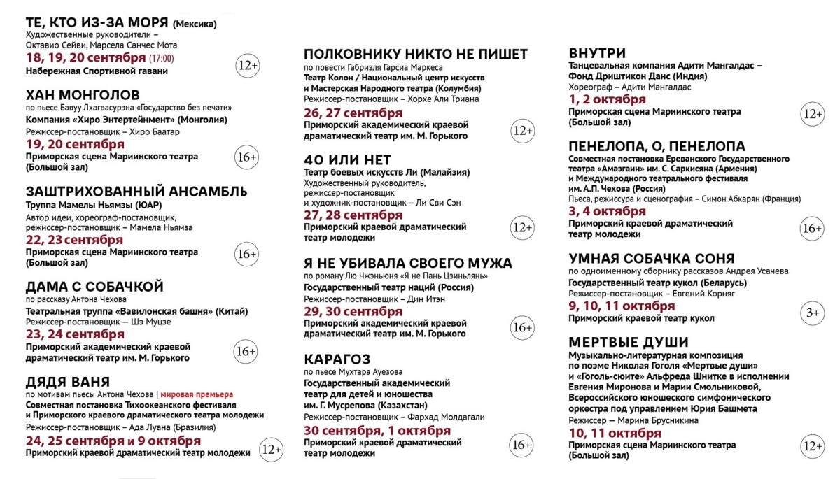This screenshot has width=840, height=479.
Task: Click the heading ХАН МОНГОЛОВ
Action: pos(83,95)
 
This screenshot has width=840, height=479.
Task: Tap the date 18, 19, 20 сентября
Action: pos(86,58)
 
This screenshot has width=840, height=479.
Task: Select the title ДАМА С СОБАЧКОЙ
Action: pos(94,287)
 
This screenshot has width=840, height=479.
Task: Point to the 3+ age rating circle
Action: pos(812,313)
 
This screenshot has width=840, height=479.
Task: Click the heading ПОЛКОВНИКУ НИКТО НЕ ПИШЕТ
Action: pos(416,55)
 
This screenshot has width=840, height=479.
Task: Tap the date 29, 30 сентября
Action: pos(353,310)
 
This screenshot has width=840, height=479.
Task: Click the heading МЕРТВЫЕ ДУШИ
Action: pos(629,343)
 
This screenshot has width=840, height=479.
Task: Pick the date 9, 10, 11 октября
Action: pos(622,306)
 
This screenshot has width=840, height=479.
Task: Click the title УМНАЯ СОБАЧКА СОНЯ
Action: pos(652,258)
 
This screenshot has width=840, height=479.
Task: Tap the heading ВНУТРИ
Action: pos(597,53)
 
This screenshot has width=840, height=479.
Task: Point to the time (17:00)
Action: pos(162,59)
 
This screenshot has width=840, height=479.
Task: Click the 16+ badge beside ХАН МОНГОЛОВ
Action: pos(247,156)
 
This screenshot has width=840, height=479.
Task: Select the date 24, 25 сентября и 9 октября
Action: pos(113,441)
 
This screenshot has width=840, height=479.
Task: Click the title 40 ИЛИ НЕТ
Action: pos(347,159)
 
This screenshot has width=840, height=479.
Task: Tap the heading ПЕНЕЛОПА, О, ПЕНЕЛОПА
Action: pos(657,146)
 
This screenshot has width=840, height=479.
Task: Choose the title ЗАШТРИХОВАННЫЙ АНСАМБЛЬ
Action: pos(136,191)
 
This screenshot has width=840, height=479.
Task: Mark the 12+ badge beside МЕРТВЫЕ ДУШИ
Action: pos(812,445)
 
